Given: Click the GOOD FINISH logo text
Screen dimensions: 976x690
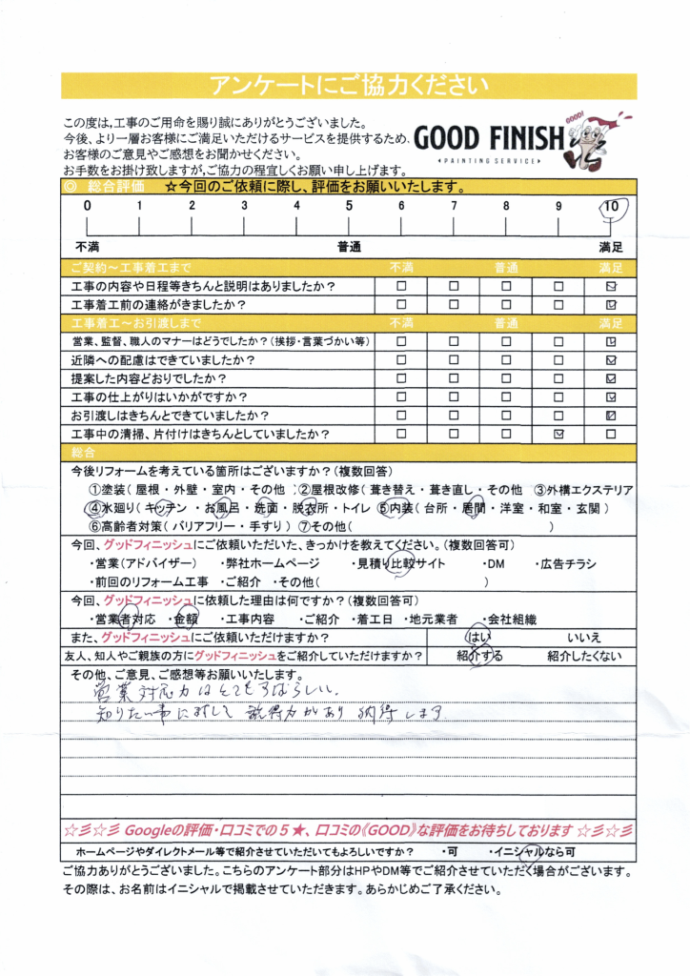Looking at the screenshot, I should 488,139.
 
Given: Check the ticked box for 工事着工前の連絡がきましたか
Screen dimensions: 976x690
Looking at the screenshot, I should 611,305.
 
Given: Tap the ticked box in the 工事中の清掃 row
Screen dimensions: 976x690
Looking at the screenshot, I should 558,434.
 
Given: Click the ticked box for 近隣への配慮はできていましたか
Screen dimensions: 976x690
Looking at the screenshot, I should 611,360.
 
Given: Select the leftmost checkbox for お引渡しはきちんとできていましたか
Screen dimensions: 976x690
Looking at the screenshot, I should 401,416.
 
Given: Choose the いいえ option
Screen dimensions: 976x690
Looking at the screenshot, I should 583,638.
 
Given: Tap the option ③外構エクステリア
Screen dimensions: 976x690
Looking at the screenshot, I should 582,490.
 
